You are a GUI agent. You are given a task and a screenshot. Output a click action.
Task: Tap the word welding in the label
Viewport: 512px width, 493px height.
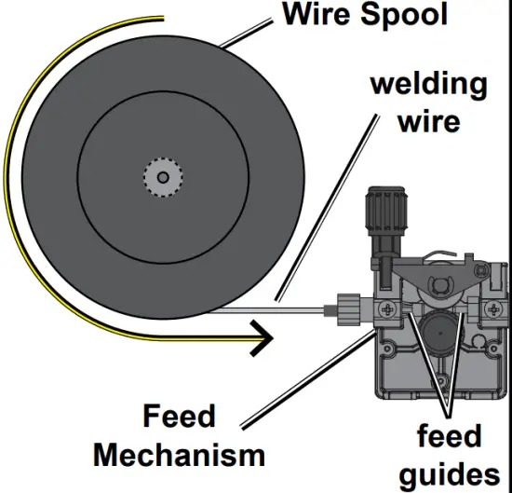pos(428,84)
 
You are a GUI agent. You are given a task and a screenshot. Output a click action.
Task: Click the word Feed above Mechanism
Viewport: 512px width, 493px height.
pos(179,417)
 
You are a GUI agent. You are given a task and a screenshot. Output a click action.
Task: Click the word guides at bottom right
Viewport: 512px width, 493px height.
pos(455,473)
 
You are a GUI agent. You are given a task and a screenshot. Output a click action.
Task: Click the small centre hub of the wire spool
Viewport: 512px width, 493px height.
pos(162,177)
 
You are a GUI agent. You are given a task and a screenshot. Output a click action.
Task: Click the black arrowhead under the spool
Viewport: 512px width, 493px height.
pos(263,339)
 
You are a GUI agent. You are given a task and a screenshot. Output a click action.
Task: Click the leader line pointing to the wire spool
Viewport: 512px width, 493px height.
pos(251,37)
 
